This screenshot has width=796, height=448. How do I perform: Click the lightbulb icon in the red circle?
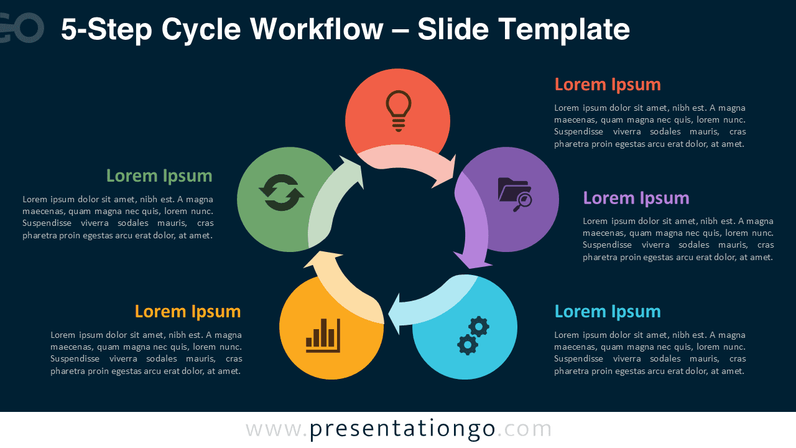pyautogui.click(x=399, y=111)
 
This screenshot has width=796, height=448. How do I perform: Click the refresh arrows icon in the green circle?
pyautogui.click(x=281, y=193)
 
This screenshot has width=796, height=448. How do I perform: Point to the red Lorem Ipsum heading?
pyautogui.click(x=608, y=84)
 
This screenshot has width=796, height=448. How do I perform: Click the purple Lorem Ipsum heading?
pyautogui.click(x=636, y=198)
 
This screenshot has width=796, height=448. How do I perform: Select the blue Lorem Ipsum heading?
pyautogui.click(x=608, y=311)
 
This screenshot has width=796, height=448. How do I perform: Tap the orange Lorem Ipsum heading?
pyautogui.click(x=188, y=311)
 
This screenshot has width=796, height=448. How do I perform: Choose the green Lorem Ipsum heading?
pyautogui.click(x=159, y=175)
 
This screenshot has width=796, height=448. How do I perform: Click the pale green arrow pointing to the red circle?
pyautogui.click(x=330, y=199)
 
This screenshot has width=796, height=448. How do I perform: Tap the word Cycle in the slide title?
pyautogui.click(x=200, y=29)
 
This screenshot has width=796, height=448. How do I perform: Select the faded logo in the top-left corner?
pyautogui.click(x=22, y=28)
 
